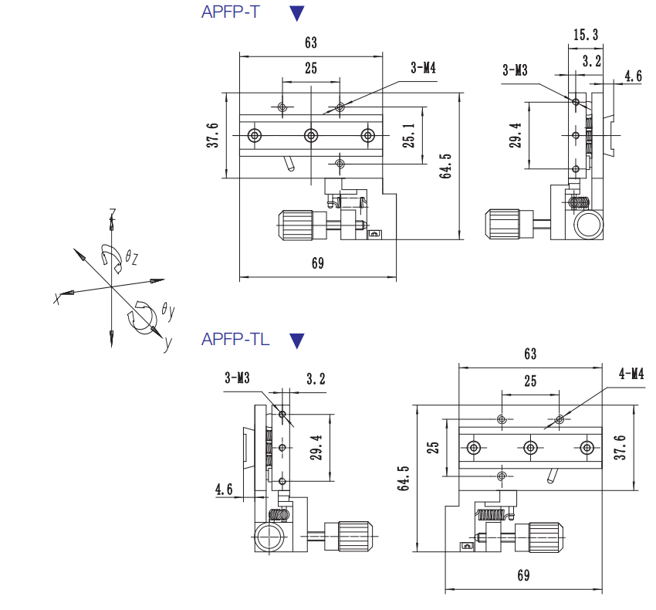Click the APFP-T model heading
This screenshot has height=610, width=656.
coord(230,12)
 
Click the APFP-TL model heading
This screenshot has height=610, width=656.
coord(235,339)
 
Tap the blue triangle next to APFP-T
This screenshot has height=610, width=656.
coord(297,12)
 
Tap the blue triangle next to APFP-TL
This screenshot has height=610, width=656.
coord(297,340)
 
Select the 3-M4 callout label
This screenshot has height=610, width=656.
coord(424,69)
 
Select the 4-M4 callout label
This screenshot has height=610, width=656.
coord(631,374)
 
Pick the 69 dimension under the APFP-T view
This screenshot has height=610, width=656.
coord(317,263)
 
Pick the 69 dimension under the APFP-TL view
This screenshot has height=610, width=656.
coord(523,575)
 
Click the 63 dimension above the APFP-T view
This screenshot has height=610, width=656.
coord(311,42)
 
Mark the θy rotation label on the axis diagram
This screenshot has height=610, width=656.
coord(167,311)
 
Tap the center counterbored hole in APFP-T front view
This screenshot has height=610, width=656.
coord(311,136)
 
